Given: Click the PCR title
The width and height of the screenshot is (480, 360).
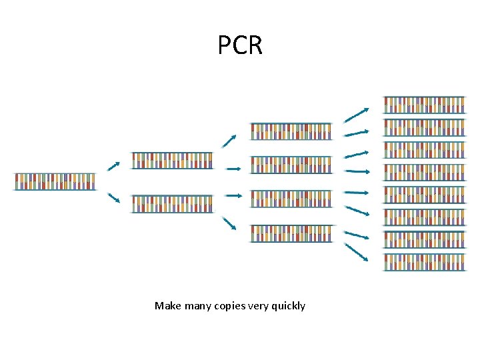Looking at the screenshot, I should (x=240, y=45).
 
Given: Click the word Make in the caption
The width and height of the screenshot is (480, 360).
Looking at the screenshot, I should (x=167, y=306).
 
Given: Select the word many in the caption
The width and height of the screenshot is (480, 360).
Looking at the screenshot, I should (x=196, y=306).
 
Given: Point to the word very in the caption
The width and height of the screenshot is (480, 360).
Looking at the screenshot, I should (x=259, y=306).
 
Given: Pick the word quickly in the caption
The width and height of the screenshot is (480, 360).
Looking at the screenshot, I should (x=289, y=306).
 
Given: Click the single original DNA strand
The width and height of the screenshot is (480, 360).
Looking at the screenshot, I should (x=55, y=181).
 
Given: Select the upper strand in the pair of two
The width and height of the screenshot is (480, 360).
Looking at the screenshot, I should (x=172, y=161).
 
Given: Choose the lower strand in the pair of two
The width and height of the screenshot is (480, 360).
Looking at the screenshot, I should (x=172, y=203).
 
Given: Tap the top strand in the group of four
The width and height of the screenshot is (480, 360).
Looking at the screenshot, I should (x=291, y=131).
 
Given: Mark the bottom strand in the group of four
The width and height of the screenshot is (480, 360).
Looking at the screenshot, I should (x=291, y=233).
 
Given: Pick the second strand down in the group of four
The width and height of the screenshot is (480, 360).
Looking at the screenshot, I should (x=291, y=165).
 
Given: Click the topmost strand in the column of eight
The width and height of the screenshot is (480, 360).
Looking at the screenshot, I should (x=424, y=105).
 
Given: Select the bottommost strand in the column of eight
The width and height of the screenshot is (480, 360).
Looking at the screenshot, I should (x=424, y=262).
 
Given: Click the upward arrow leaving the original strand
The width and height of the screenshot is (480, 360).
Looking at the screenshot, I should (x=113, y=165).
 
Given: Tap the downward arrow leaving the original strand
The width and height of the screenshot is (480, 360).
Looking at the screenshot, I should (x=113, y=198).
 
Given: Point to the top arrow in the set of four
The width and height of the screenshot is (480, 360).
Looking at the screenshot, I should (x=229, y=141).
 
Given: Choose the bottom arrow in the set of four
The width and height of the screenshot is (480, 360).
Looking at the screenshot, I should (x=229, y=223).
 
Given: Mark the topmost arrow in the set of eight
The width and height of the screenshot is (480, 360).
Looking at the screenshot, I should (x=357, y=115).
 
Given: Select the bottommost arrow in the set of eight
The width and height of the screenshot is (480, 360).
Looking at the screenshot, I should (x=357, y=252).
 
